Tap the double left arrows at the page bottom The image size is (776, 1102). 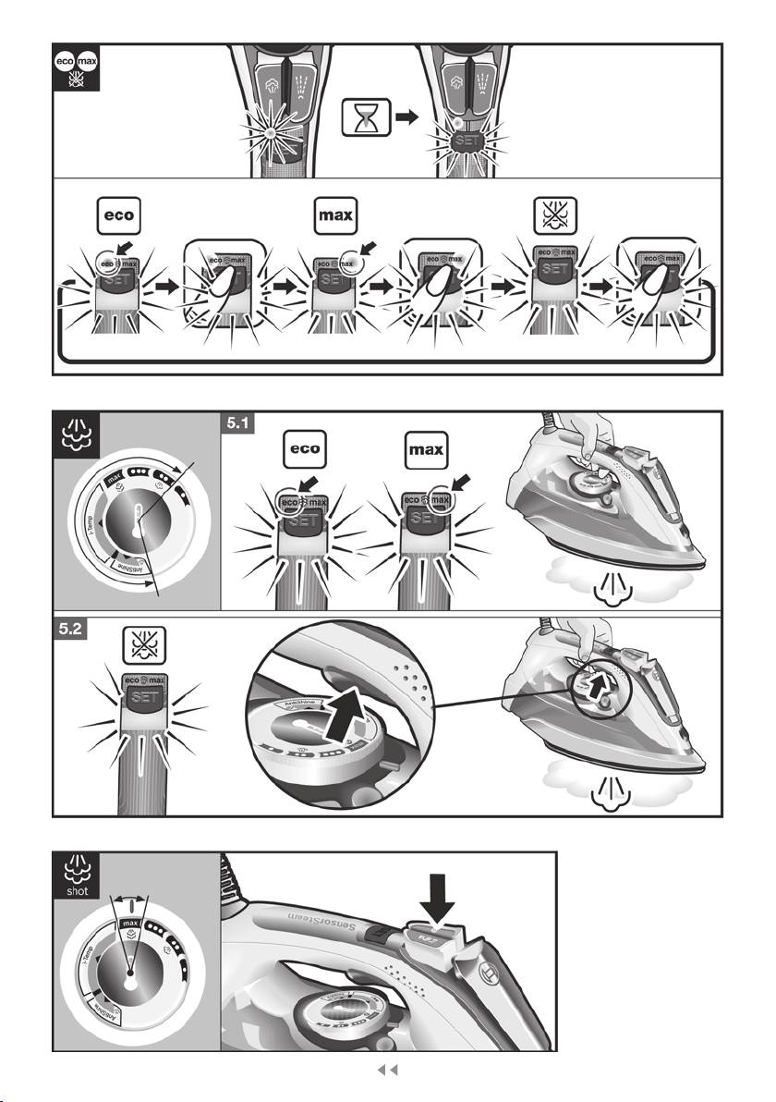389,1071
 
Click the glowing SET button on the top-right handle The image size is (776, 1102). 467,145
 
